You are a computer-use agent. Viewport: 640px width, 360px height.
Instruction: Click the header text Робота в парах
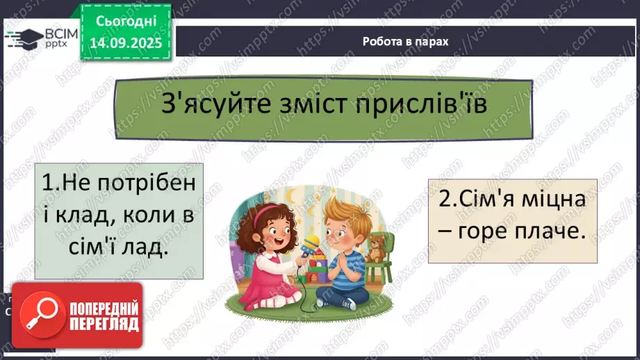(405, 41)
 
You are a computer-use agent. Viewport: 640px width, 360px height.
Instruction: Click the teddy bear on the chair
(377, 247)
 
